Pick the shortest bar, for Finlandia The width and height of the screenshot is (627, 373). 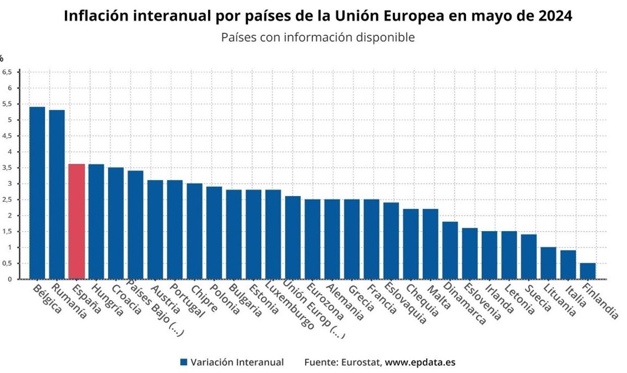(588, 271)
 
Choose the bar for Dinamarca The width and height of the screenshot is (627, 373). (450, 250)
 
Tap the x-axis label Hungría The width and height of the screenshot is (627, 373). (107, 300)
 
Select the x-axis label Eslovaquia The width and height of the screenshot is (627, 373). (405, 303)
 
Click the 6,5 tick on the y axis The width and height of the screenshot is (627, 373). (7, 72)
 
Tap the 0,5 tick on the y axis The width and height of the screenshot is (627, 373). (7, 263)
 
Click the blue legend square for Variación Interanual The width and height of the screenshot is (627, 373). (183, 362)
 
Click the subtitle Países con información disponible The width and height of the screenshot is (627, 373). (318, 38)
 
